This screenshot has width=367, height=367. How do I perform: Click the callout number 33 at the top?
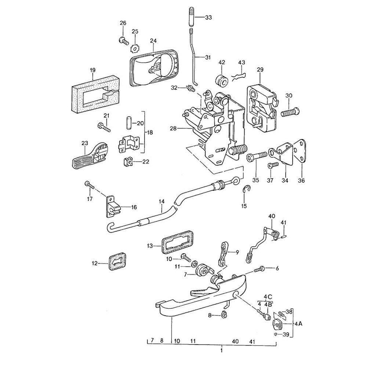click(x=208, y=18)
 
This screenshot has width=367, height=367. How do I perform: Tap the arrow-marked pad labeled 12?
click(x=115, y=261)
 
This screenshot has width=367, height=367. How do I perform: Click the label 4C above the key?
click(x=268, y=297)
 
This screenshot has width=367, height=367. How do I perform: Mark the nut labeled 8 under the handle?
click(x=223, y=314)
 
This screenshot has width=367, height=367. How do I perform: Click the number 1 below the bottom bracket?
click(x=221, y=350)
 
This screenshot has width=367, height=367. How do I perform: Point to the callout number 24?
click(x=153, y=41)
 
